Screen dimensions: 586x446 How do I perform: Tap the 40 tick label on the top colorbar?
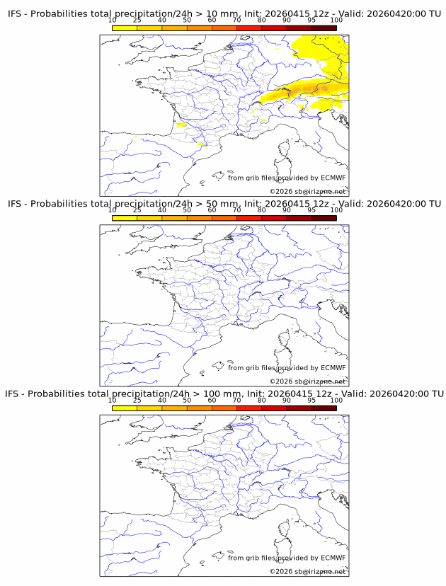pyautogui.click(x=162, y=21)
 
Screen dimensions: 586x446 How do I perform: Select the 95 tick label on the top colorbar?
pyautogui.click(x=311, y=21)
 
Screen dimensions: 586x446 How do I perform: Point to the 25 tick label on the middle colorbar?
pyautogui.click(x=137, y=210)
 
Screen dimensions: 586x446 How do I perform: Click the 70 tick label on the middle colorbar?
pyautogui.click(x=236, y=210)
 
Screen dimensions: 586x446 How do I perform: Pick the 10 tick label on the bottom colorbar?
pyautogui.click(x=113, y=400)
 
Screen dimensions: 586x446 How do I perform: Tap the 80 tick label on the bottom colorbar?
pyautogui.click(x=261, y=400)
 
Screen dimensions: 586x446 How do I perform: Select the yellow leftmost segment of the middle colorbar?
pyautogui.click(x=125, y=218)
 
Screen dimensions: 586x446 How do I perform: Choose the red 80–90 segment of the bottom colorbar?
pyautogui.click(x=274, y=408)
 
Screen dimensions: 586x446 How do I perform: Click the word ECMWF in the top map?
pyautogui.click(x=333, y=178)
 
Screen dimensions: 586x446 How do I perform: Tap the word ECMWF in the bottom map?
pyautogui.click(x=333, y=558)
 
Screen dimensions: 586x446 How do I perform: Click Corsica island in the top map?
pyautogui.click(x=286, y=149)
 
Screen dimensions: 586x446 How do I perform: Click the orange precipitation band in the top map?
pyautogui.click(x=297, y=88)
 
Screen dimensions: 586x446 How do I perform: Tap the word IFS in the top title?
pyautogui.click(x=15, y=14)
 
